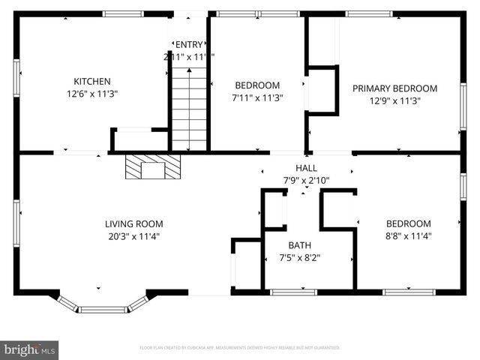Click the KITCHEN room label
(91, 82)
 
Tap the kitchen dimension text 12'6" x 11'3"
(91, 94)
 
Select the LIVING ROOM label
(133, 223)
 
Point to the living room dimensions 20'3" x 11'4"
(133, 236)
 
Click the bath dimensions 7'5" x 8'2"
(299, 258)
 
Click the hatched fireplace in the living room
(153, 166)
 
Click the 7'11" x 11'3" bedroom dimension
(258, 97)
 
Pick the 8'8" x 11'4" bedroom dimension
(408, 236)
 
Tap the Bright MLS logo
(30, 349)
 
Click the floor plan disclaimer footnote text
(240, 348)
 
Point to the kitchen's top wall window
(124, 13)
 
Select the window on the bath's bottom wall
(293, 292)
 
